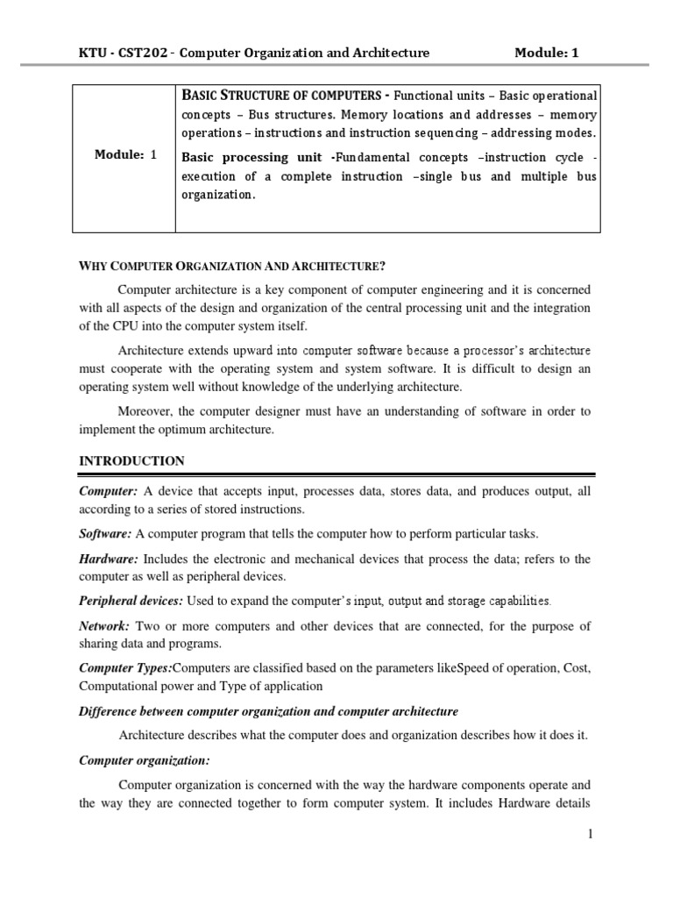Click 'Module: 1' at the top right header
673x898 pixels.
546,53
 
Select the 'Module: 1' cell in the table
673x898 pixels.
125,155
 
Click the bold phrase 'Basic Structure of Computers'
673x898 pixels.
285,95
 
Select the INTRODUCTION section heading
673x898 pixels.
131,460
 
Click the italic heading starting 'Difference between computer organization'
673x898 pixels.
268,710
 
